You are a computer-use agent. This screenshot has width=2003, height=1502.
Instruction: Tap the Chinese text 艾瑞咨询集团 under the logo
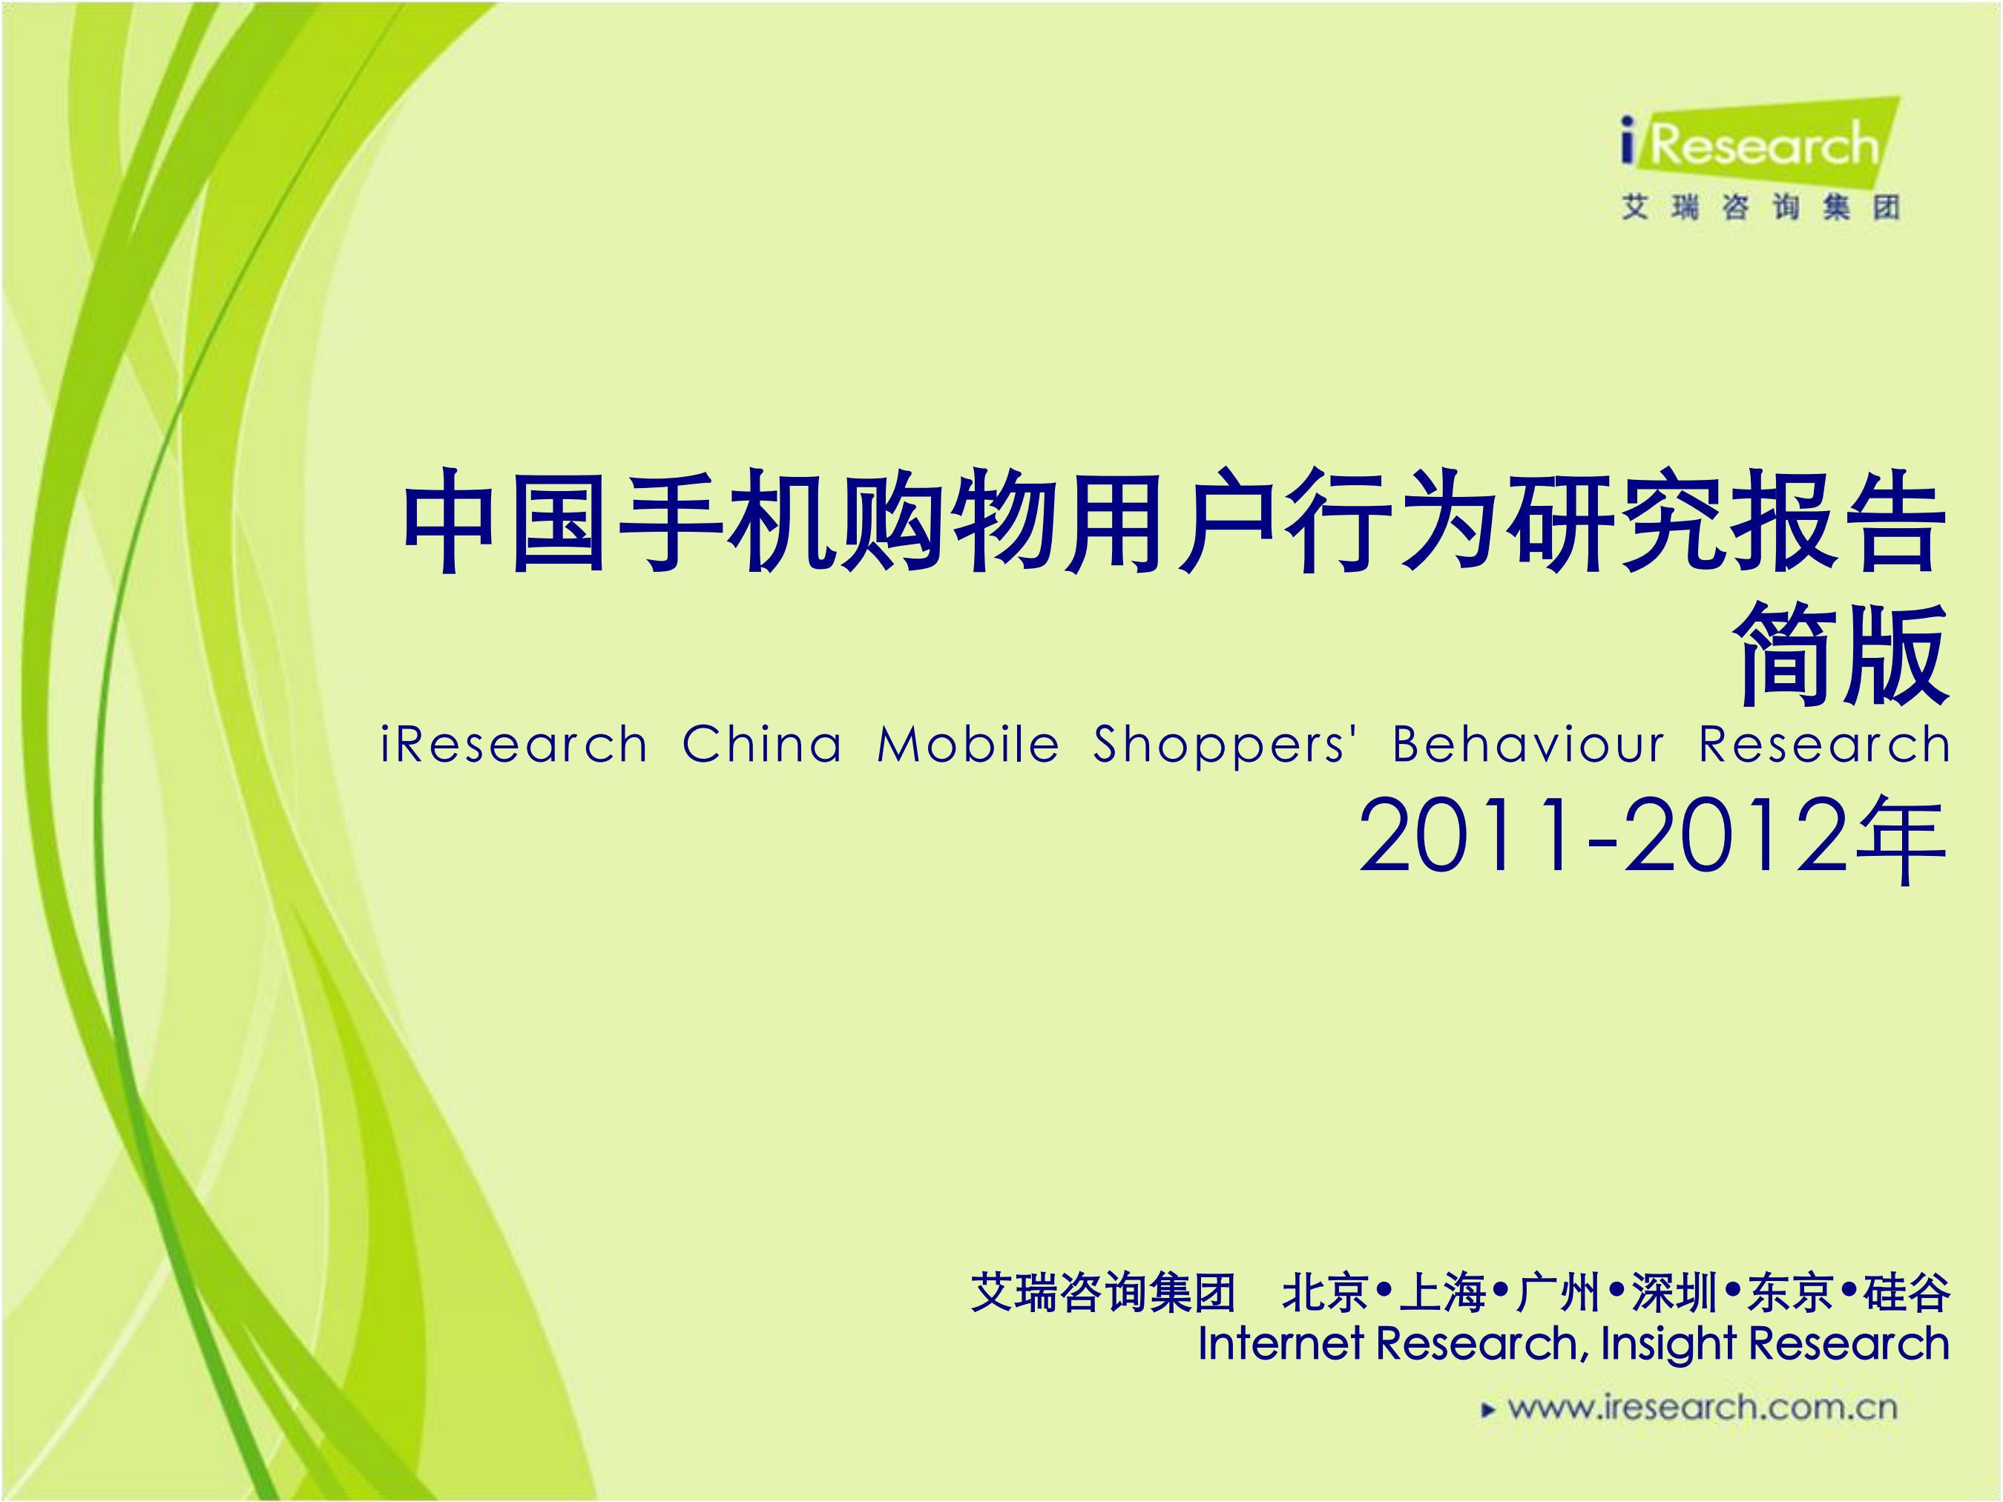[1760, 208]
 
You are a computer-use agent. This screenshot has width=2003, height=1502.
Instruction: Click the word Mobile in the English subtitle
[968, 746]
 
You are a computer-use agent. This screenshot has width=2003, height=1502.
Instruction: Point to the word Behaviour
[1527, 746]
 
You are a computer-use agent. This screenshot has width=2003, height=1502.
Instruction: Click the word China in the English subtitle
[762, 746]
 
